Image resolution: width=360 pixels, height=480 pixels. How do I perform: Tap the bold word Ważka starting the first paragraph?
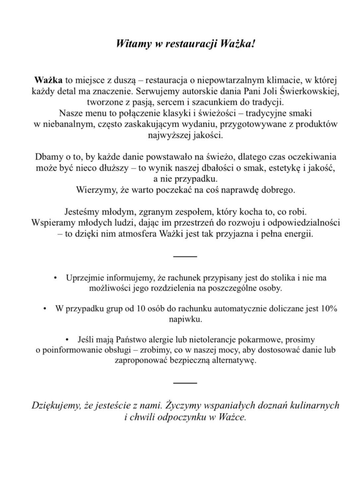coord(48,80)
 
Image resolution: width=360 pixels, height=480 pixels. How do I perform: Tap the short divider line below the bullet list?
coord(185,383)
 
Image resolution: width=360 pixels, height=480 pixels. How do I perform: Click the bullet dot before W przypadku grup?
coord(44,309)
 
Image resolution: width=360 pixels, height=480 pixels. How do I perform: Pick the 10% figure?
coord(329,309)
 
